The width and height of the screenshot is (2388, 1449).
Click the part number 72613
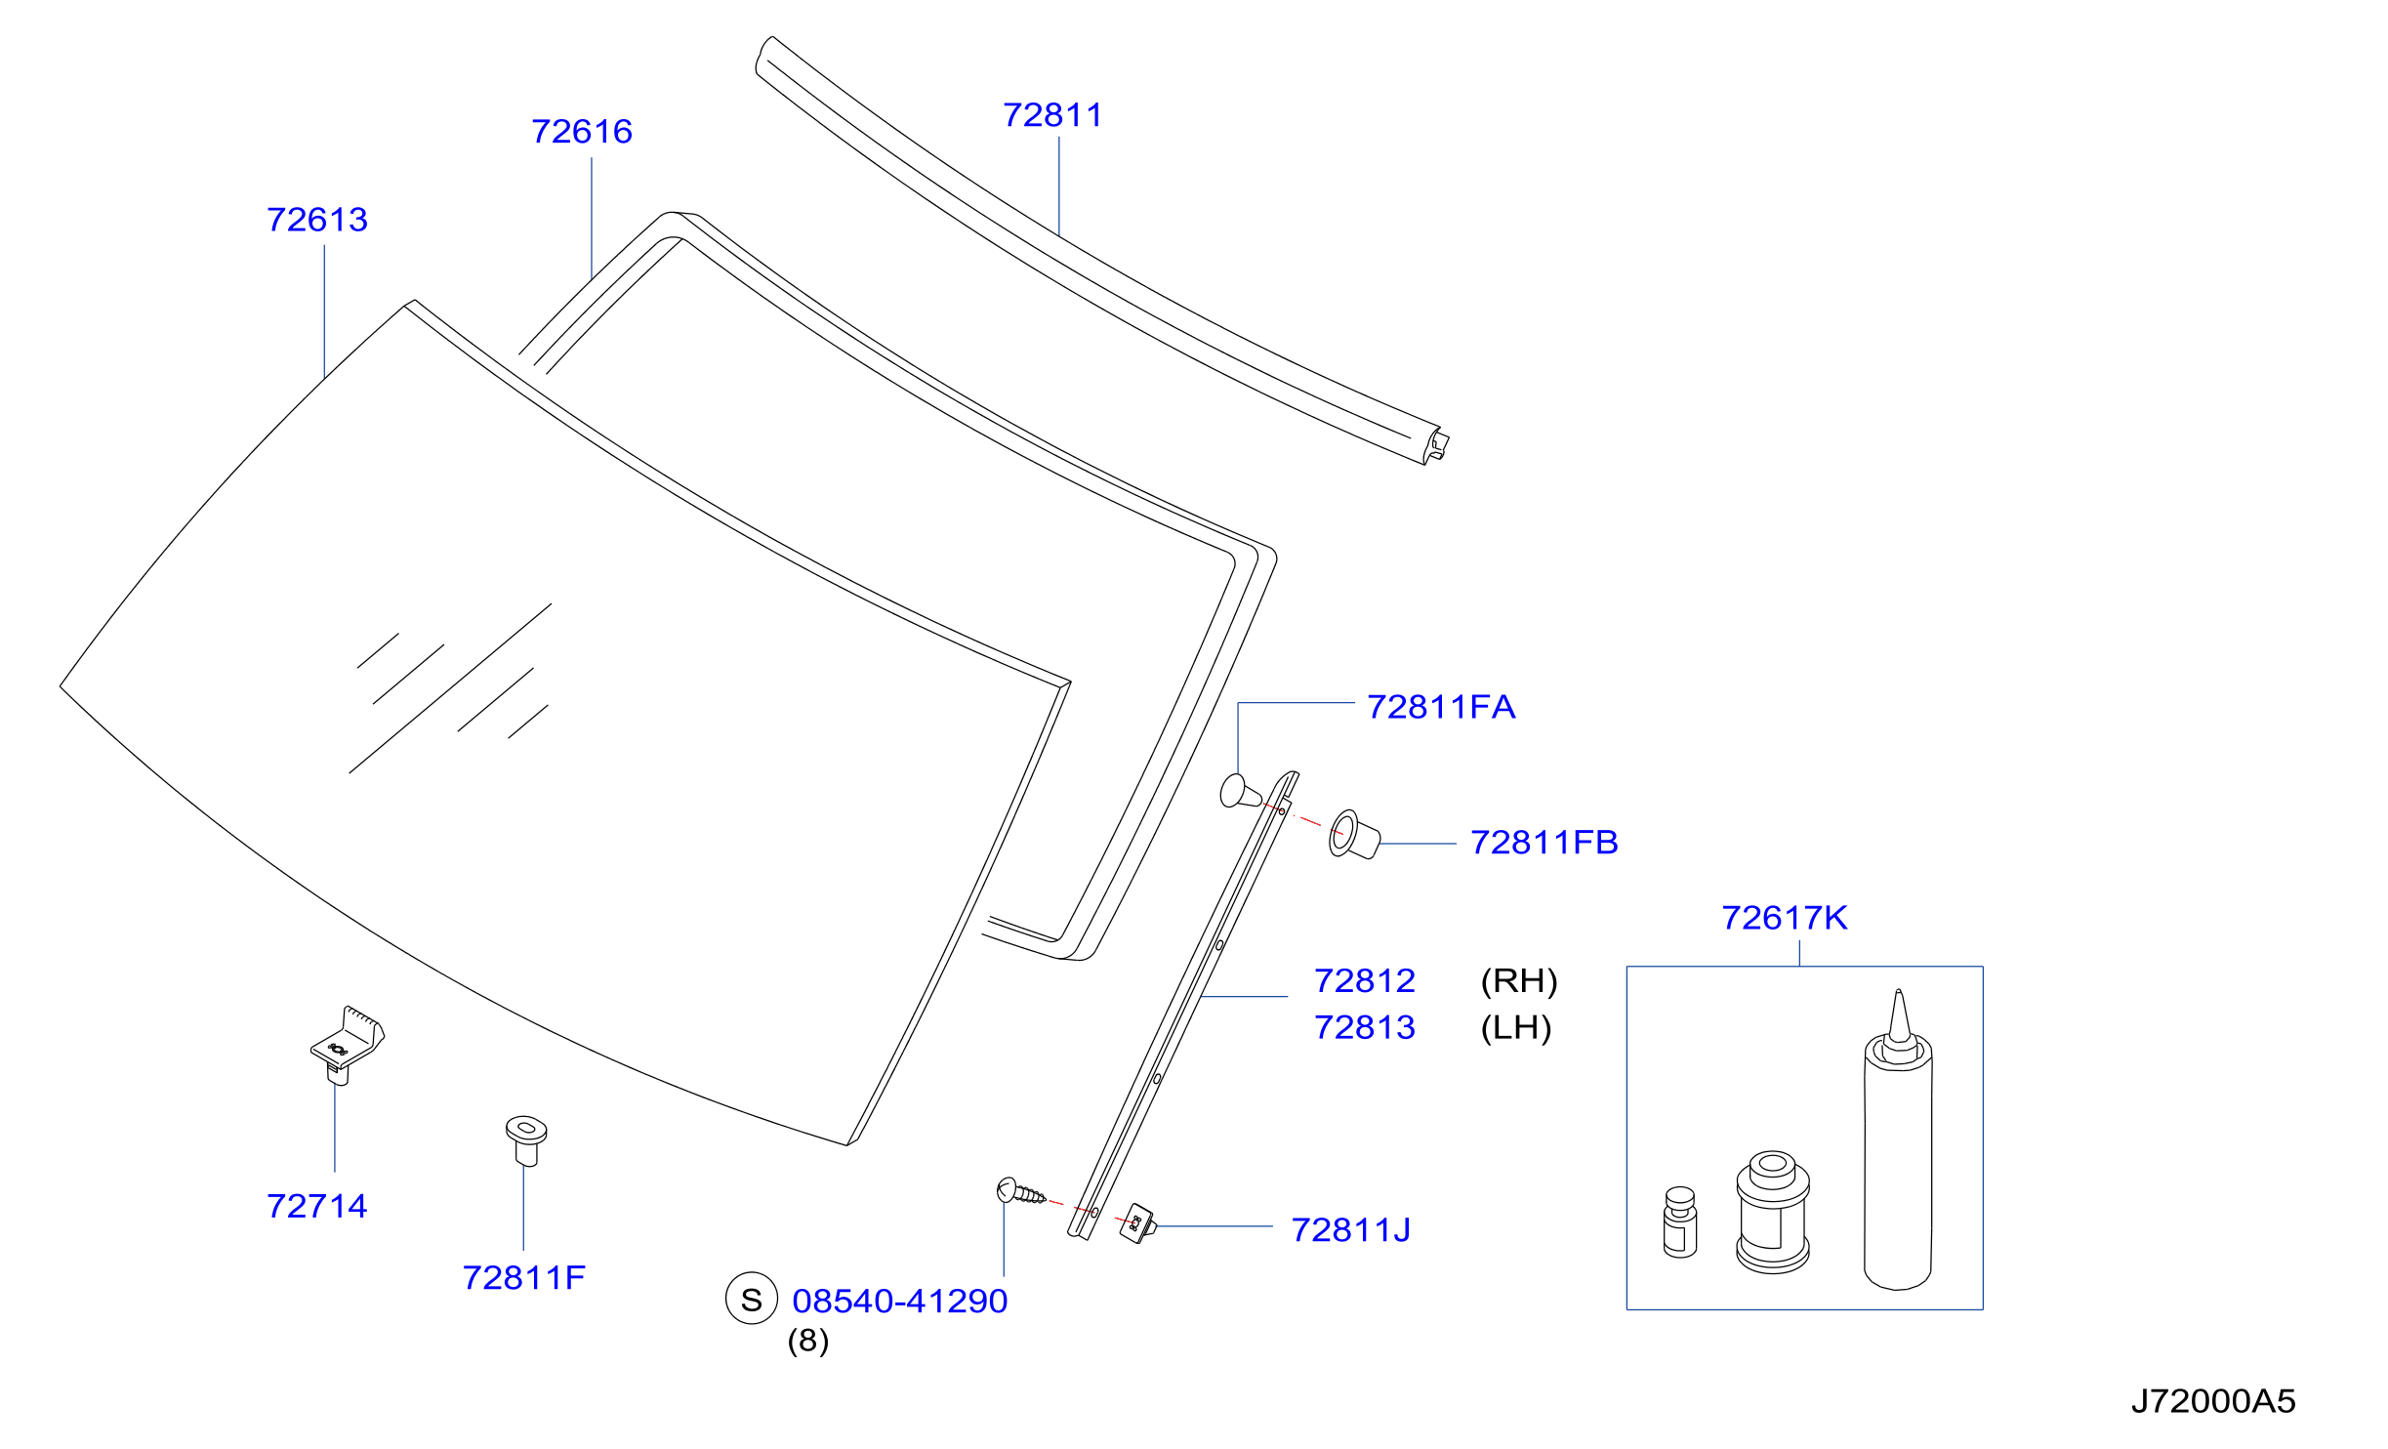point(317,220)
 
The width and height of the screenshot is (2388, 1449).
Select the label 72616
point(582,132)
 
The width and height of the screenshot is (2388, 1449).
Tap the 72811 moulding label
point(1052,115)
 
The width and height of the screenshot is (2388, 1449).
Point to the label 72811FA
point(1441,707)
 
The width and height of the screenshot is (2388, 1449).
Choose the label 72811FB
point(1544,843)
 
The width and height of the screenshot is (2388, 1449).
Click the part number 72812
point(1365,980)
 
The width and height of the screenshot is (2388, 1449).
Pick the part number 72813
point(1365,1027)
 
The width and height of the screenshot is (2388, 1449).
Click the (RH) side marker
point(1519,981)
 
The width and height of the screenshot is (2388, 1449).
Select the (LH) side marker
point(1516,1028)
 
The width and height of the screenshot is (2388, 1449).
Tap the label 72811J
point(1351,1230)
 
